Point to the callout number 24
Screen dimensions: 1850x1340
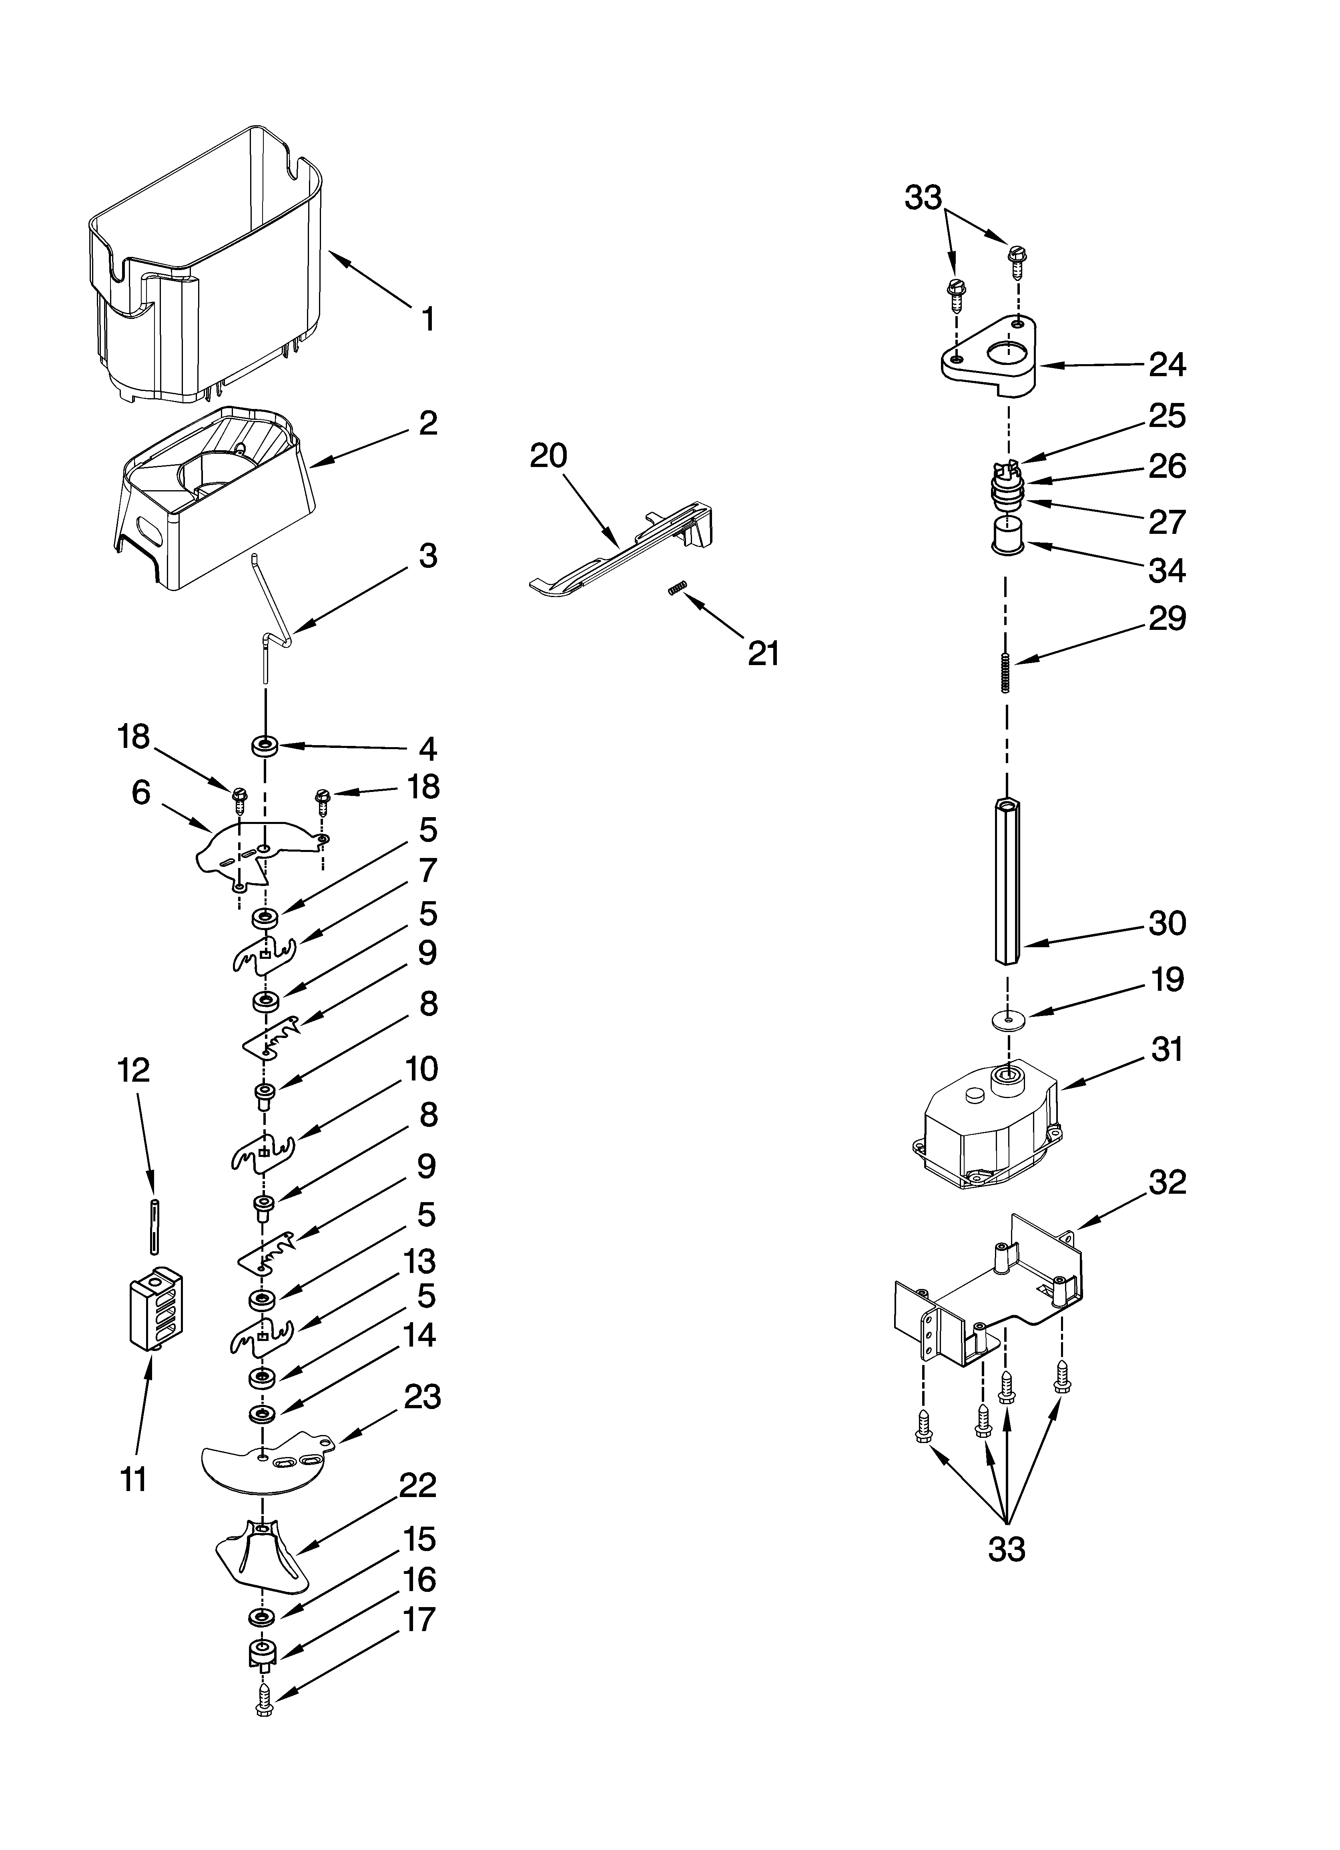pos(1167,365)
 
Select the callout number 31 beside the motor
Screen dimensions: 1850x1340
pos(1167,1050)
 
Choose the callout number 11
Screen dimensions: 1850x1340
pos(134,1478)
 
